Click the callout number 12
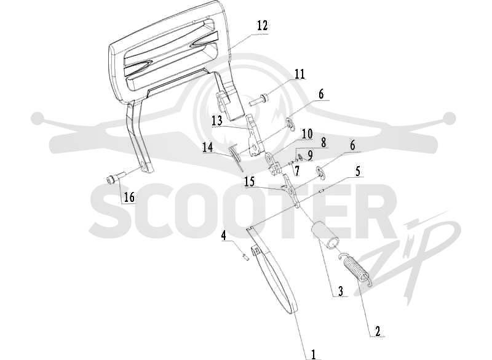[263, 25]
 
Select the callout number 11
[300, 74]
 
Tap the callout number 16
[129, 197]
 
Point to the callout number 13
[216, 121]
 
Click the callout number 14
[207, 147]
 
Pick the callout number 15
[250, 182]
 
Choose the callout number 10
[307, 134]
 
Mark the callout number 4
[223, 236]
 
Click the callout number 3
[341, 290]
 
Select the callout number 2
[378, 331]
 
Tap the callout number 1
[313, 354]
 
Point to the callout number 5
[357, 171]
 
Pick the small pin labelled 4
[246, 257]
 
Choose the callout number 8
[323, 142]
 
